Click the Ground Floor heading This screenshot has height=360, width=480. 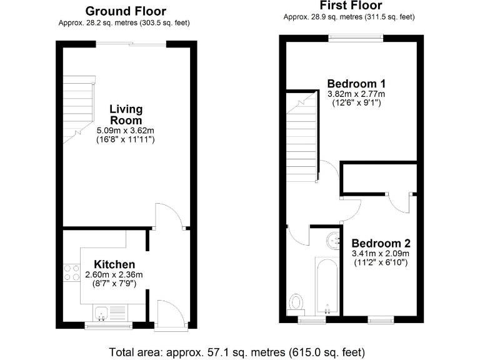click(x=126, y=11)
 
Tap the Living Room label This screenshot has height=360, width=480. click(x=126, y=115)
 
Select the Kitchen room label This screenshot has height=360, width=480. click(x=114, y=264)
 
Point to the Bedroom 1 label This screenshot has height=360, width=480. click(x=356, y=84)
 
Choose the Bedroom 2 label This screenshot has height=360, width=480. click(x=381, y=243)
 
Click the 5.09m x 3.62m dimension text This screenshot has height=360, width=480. click(x=126, y=131)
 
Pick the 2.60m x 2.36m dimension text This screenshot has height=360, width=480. click(x=114, y=274)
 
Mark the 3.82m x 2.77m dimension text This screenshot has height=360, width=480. click(x=356, y=94)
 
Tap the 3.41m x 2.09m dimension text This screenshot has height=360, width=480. click(x=381, y=254)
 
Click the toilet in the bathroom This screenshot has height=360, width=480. click(x=297, y=303)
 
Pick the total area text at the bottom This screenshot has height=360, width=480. click(x=237, y=351)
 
